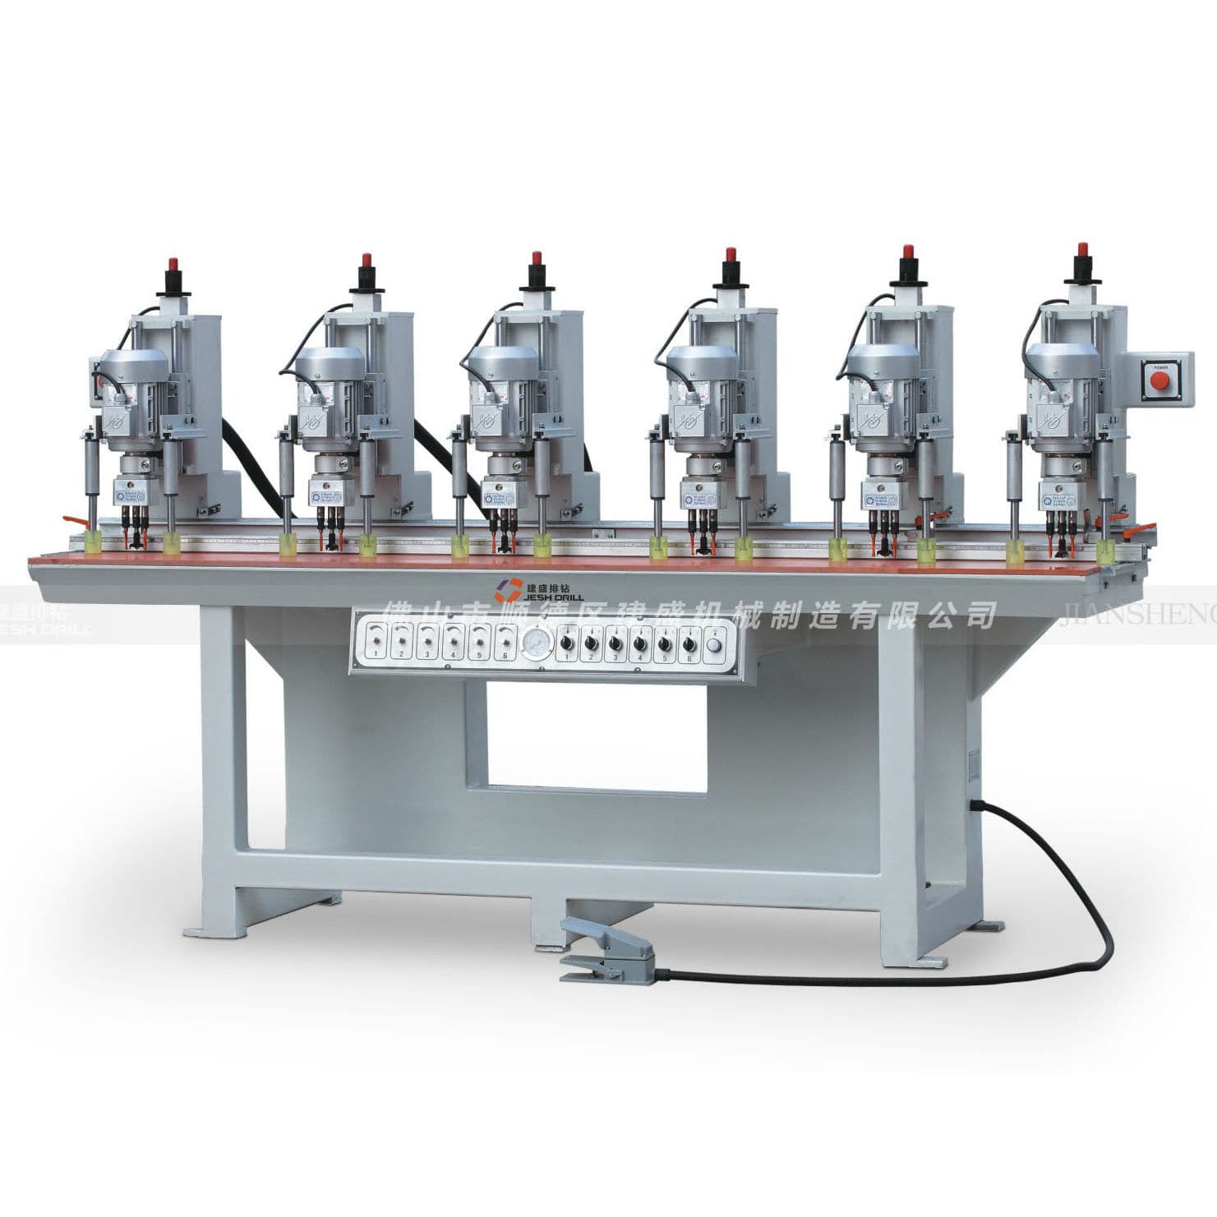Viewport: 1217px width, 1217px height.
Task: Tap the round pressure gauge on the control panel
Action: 535,643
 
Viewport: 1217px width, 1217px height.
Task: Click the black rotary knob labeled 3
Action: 615,643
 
